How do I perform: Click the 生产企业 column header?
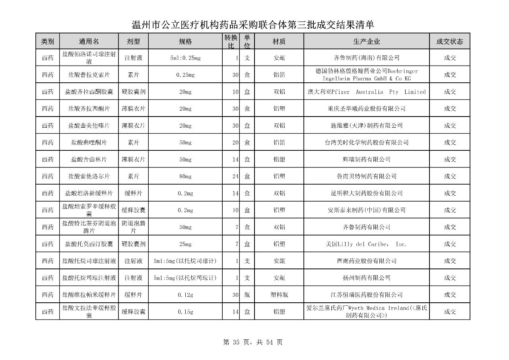(366, 41)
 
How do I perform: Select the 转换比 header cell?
(231, 41)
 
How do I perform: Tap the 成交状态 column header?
(449, 41)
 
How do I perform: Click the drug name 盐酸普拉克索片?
(89, 75)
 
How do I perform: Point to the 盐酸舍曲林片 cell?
(89, 160)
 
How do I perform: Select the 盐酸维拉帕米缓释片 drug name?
(89, 295)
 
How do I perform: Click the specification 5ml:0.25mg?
(185, 58)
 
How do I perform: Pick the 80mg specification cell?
(185, 176)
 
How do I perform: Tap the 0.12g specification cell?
(185, 295)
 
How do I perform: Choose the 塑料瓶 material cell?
(279, 295)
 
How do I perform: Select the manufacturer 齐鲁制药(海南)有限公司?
(366, 58)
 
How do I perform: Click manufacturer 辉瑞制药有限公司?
(366, 160)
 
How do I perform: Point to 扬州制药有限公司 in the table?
(366, 278)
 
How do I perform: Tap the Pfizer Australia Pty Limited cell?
(366, 92)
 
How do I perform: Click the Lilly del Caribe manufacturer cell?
(366, 244)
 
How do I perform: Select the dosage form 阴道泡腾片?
(133, 227)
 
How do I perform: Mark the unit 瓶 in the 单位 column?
(247, 295)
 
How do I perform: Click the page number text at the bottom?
(253, 342)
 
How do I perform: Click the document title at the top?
(253, 25)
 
